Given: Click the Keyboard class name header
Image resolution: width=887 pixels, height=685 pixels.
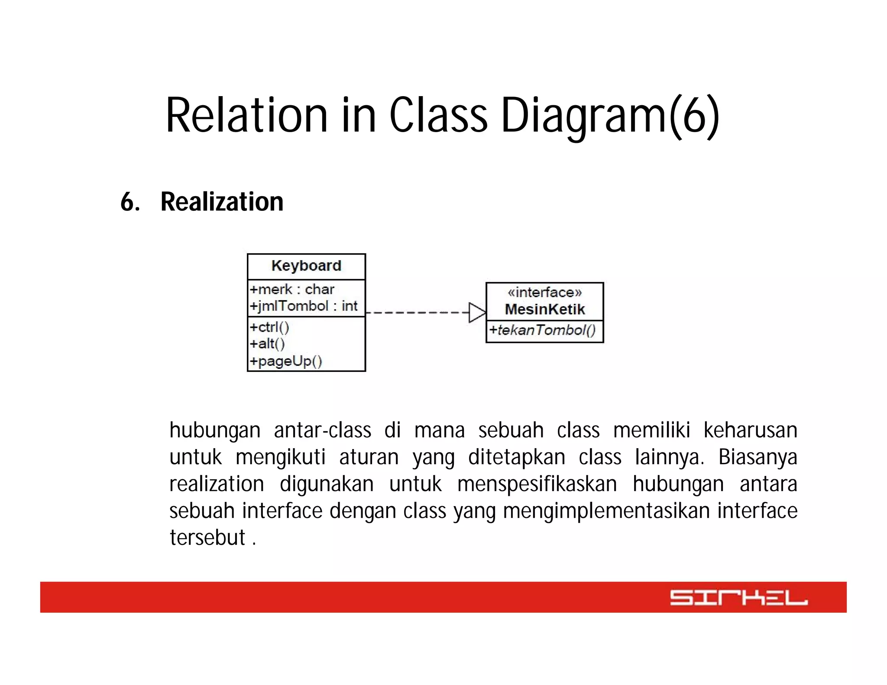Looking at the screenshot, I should click(306, 266).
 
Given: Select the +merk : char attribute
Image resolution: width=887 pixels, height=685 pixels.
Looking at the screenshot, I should click(292, 289).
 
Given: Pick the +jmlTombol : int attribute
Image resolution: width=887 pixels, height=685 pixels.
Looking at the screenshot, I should click(304, 306).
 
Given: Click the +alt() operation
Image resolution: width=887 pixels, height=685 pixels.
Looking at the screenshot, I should click(267, 344).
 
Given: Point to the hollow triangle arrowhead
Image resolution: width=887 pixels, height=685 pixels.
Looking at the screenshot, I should click(477, 313).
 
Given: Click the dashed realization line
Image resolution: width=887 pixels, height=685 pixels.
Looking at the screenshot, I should click(416, 313).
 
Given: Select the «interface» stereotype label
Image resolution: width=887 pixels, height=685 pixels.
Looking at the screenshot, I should click(544, 292).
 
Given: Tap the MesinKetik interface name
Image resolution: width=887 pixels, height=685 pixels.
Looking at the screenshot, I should click(544, 309).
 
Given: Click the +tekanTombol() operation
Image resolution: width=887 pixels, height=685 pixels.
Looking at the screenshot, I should click(543, 330).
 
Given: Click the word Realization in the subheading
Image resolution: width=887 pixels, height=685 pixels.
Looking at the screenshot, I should click(222, 202).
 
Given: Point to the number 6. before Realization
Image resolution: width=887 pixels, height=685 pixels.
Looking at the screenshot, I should click(130, 202).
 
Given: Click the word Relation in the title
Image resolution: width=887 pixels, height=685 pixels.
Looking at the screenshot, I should click(246, 115).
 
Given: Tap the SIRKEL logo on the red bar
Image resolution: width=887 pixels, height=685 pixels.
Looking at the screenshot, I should click(738, 598).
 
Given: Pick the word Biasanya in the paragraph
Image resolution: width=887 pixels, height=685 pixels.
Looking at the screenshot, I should click(758, 457).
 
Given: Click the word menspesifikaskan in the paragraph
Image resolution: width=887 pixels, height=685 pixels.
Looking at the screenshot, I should click(537, 484).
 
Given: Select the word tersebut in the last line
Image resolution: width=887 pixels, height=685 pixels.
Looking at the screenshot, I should click(207, 538).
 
